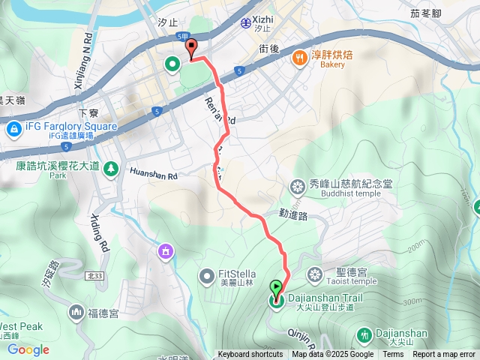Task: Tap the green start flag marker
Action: (276, 288)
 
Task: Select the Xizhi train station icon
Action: (245, 22)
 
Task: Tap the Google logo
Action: (28, 349)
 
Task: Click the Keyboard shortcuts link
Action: (250, 355)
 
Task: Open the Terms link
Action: (393, 355)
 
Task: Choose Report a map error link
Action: (444, 355)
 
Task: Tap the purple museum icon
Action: (166, 250)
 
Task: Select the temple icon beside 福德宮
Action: (76, 310)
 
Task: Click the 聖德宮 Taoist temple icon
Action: (315, 271)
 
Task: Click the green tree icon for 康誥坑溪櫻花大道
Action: (112, 168)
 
